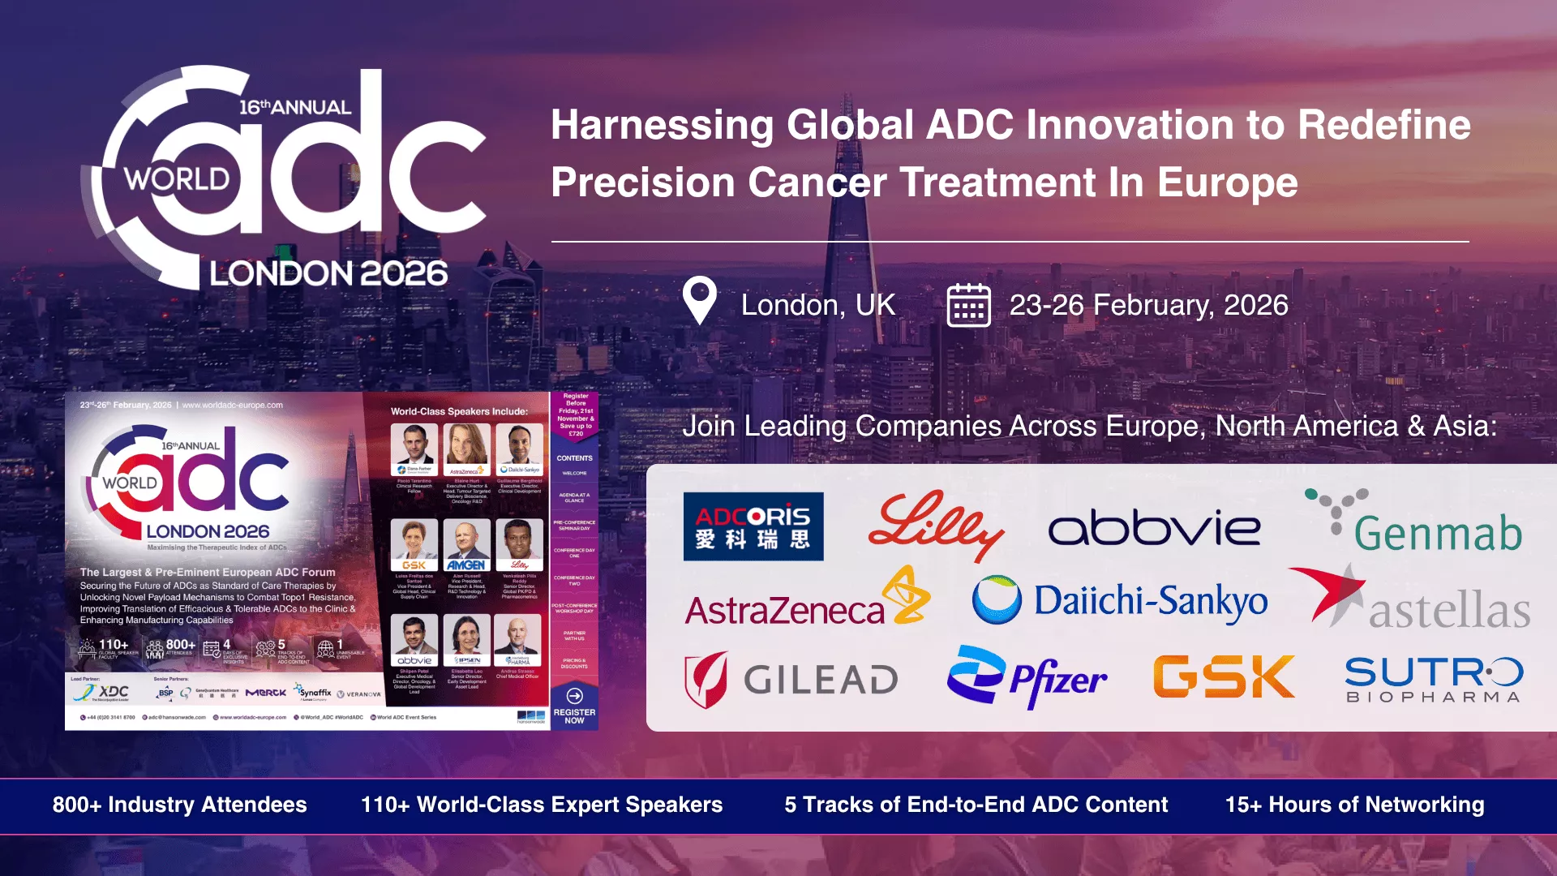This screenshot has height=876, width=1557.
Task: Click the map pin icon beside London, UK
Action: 699,300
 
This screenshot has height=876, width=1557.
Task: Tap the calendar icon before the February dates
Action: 968,305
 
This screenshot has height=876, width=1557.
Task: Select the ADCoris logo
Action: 753,526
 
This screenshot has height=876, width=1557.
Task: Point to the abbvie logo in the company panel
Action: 1154,528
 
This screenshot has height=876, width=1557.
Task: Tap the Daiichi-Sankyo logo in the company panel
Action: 1120,601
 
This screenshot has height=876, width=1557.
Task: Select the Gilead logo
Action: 791,680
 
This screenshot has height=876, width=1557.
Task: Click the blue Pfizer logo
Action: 1027,678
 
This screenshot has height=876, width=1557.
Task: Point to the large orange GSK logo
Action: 1224,677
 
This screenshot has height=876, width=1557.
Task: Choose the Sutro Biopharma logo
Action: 1434,680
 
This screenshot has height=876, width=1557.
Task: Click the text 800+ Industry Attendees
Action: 179,805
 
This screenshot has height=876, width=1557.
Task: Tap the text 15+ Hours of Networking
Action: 1354,805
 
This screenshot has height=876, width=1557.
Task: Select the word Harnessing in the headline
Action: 662,125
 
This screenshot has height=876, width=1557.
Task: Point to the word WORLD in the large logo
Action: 177,178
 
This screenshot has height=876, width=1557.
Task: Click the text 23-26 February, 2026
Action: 1148,305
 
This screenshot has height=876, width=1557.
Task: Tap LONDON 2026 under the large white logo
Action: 328,273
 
